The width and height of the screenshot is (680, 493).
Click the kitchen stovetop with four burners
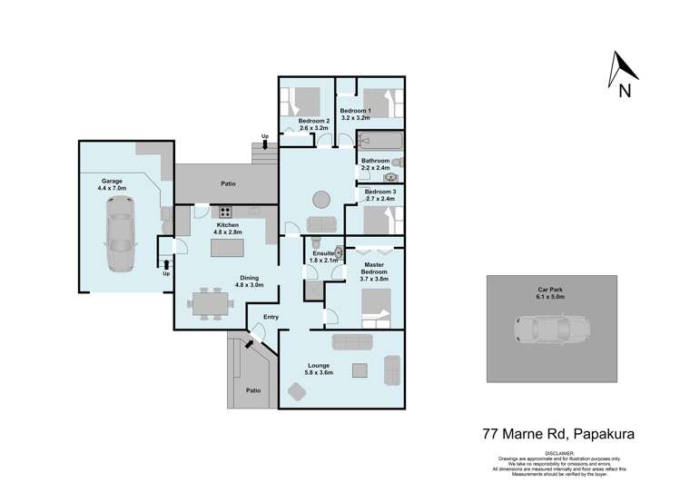tap(224, 214)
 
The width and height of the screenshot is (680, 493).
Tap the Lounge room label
tap(319, 365)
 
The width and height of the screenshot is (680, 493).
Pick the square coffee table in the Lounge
tap(360, 369)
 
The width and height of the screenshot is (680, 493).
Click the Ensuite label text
tap(322, 255)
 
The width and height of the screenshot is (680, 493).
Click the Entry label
tap(271, 317)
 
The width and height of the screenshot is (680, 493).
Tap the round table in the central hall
tap(320, 199)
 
